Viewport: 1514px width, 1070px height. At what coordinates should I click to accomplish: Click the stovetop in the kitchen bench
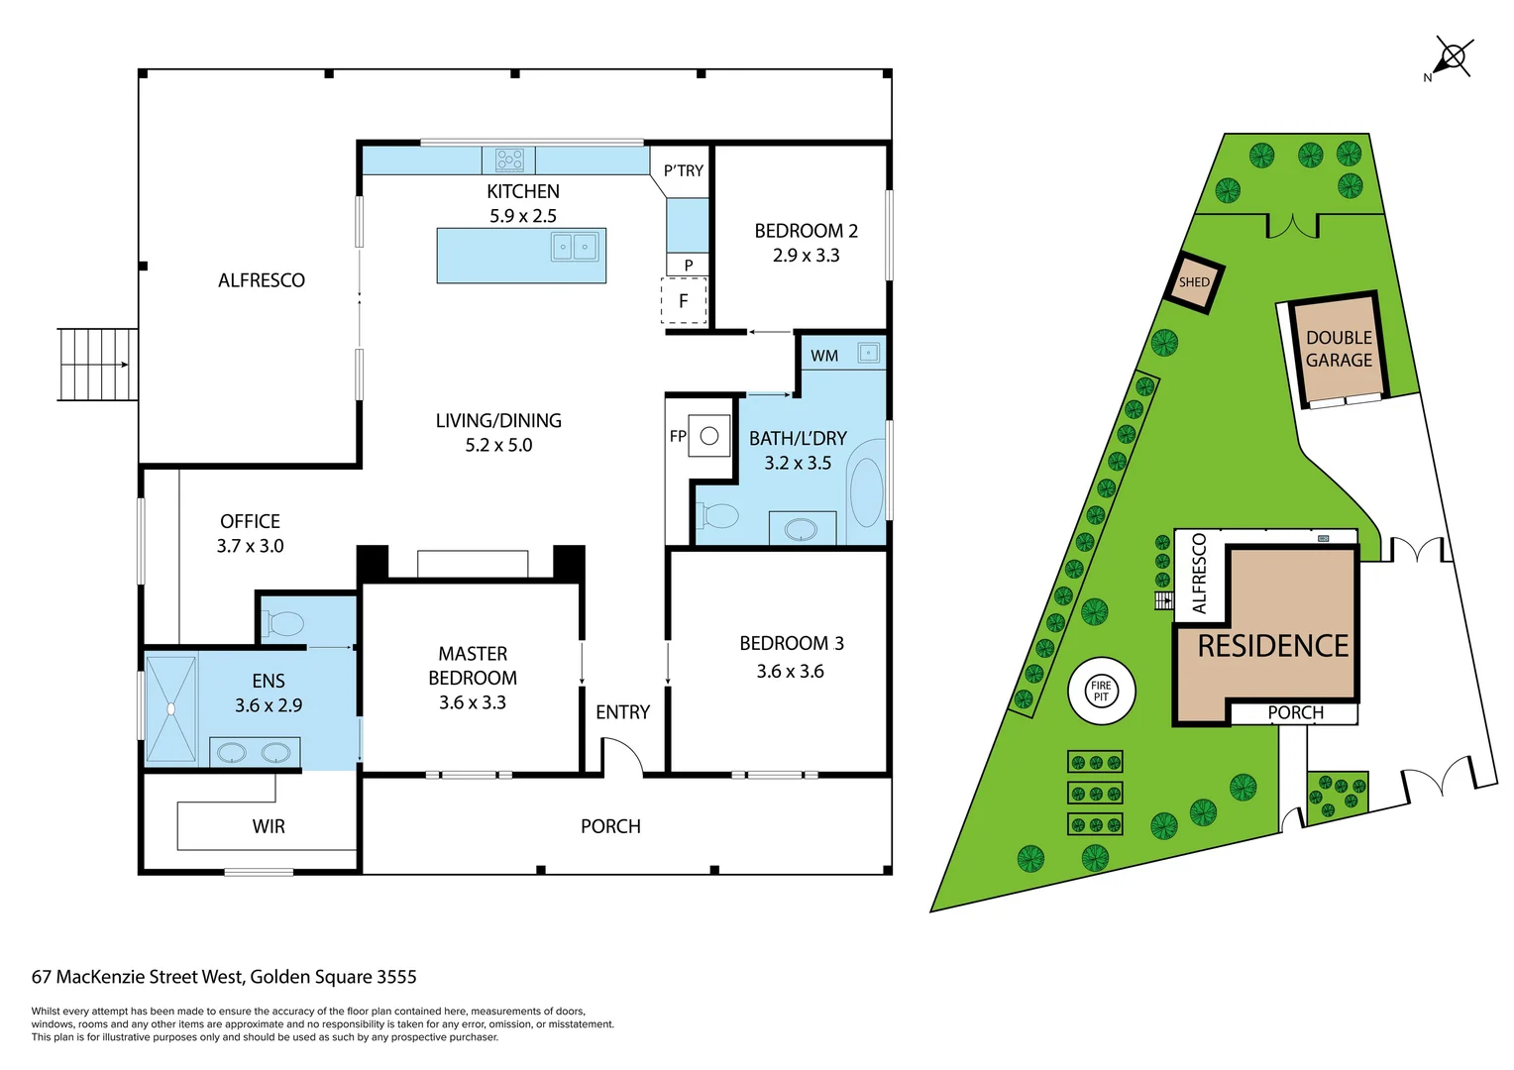509,160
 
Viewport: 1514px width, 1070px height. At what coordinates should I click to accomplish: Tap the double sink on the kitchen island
575,246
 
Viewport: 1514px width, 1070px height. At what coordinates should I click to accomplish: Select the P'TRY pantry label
683,170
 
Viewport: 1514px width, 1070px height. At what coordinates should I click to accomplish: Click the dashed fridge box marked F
684,301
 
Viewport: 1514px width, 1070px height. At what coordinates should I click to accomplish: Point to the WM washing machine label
823,356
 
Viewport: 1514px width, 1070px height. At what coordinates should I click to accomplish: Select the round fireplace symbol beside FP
709,435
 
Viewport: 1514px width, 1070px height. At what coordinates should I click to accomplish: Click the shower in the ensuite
170,708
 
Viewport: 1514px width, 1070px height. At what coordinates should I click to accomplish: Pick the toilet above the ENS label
284,624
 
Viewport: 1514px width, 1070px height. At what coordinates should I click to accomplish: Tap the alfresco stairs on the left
97,365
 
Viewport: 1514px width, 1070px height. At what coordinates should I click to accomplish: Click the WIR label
269,826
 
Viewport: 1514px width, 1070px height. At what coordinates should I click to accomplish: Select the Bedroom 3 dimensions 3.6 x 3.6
790,671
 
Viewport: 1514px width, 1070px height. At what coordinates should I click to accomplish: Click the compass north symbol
1453,57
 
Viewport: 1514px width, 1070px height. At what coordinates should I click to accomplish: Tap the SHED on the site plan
1194,282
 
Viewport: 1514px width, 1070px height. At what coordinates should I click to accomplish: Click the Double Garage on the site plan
1339,349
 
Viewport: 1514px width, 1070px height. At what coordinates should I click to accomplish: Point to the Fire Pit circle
1101,691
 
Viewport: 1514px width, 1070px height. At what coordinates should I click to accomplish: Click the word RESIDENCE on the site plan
1273,646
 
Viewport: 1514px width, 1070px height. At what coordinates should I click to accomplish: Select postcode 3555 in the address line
397,977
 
